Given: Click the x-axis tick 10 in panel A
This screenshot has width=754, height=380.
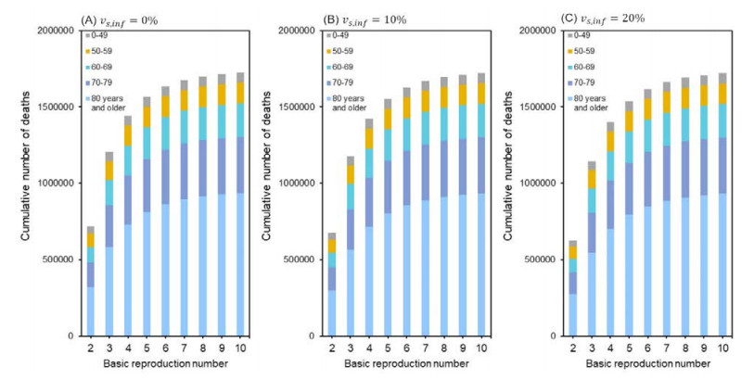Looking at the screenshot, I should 240,347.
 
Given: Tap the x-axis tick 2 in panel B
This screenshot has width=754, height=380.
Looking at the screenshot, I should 332,347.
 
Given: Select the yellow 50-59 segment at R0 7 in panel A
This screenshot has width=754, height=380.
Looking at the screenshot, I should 184,99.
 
